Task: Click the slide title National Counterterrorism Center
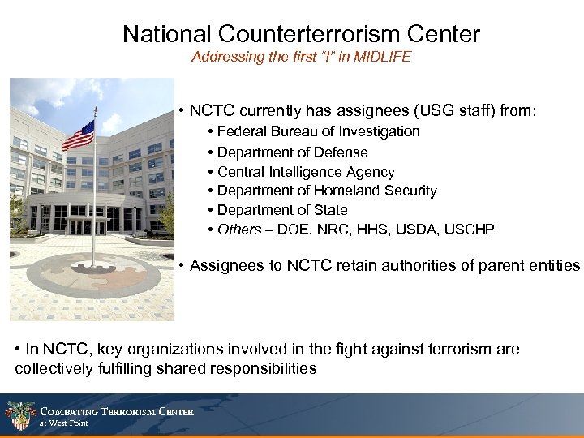(x=301, y=34)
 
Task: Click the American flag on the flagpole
(x=78, y=135)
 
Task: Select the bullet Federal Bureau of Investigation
(x=319, y=131)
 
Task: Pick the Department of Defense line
(x=293, y=152)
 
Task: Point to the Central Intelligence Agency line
(x=306, y=172)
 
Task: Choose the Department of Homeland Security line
(x=327, y=191)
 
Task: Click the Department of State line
(x=282, y=210)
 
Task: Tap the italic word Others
(x=239, y=230)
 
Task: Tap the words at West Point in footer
(x=64, y=423)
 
